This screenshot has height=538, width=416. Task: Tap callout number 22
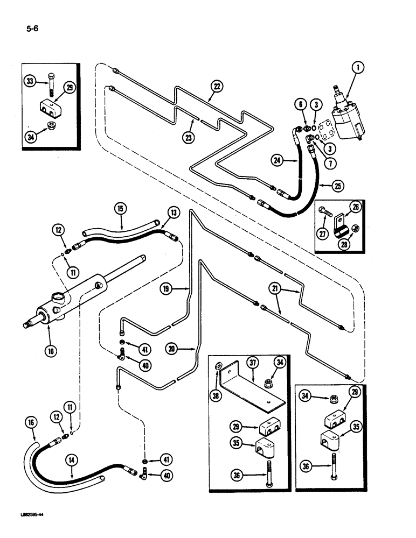[217, 85]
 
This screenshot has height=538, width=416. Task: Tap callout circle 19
[167, 289]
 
